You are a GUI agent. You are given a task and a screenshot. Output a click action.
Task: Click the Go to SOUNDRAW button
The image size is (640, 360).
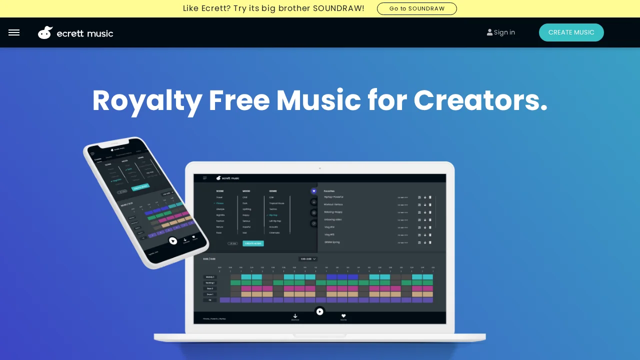point(416,8)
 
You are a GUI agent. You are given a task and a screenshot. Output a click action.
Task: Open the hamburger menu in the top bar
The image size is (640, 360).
point(14,32)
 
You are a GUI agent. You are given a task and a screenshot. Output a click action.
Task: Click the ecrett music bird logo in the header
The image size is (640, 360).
point(45,32)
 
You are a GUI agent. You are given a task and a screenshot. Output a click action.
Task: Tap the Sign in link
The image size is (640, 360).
point(501,32)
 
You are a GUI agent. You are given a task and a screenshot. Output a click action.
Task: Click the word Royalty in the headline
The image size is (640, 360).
point(147,100)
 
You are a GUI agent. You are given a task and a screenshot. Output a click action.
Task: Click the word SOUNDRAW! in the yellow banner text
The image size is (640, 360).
point(338,8)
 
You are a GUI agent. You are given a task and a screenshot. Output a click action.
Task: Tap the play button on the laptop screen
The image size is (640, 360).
point(320,311)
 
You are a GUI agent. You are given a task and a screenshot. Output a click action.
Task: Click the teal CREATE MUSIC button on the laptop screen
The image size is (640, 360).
point(253,243)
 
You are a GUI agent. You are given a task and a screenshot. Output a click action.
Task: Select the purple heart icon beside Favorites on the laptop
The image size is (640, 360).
point(314,191)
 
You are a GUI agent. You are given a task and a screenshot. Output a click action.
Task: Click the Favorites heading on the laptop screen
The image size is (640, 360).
point(329,191)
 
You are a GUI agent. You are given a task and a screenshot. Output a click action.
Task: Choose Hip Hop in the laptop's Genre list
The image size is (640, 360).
point(273,215)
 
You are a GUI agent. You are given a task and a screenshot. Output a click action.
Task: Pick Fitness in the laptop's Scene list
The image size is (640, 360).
point(220,203)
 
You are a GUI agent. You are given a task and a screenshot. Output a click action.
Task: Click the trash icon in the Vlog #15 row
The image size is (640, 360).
point(430,235)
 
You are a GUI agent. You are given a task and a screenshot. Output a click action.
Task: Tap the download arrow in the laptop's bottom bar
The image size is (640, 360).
point(295,316)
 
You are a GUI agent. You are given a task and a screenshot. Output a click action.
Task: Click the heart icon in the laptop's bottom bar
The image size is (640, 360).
point(343,316)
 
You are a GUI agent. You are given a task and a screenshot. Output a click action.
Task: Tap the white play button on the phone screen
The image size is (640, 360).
point(173,240)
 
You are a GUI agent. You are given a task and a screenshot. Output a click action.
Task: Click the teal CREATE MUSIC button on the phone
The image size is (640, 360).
point(140,187)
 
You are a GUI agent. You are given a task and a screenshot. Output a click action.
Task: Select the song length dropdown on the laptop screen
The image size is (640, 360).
point(308,259)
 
